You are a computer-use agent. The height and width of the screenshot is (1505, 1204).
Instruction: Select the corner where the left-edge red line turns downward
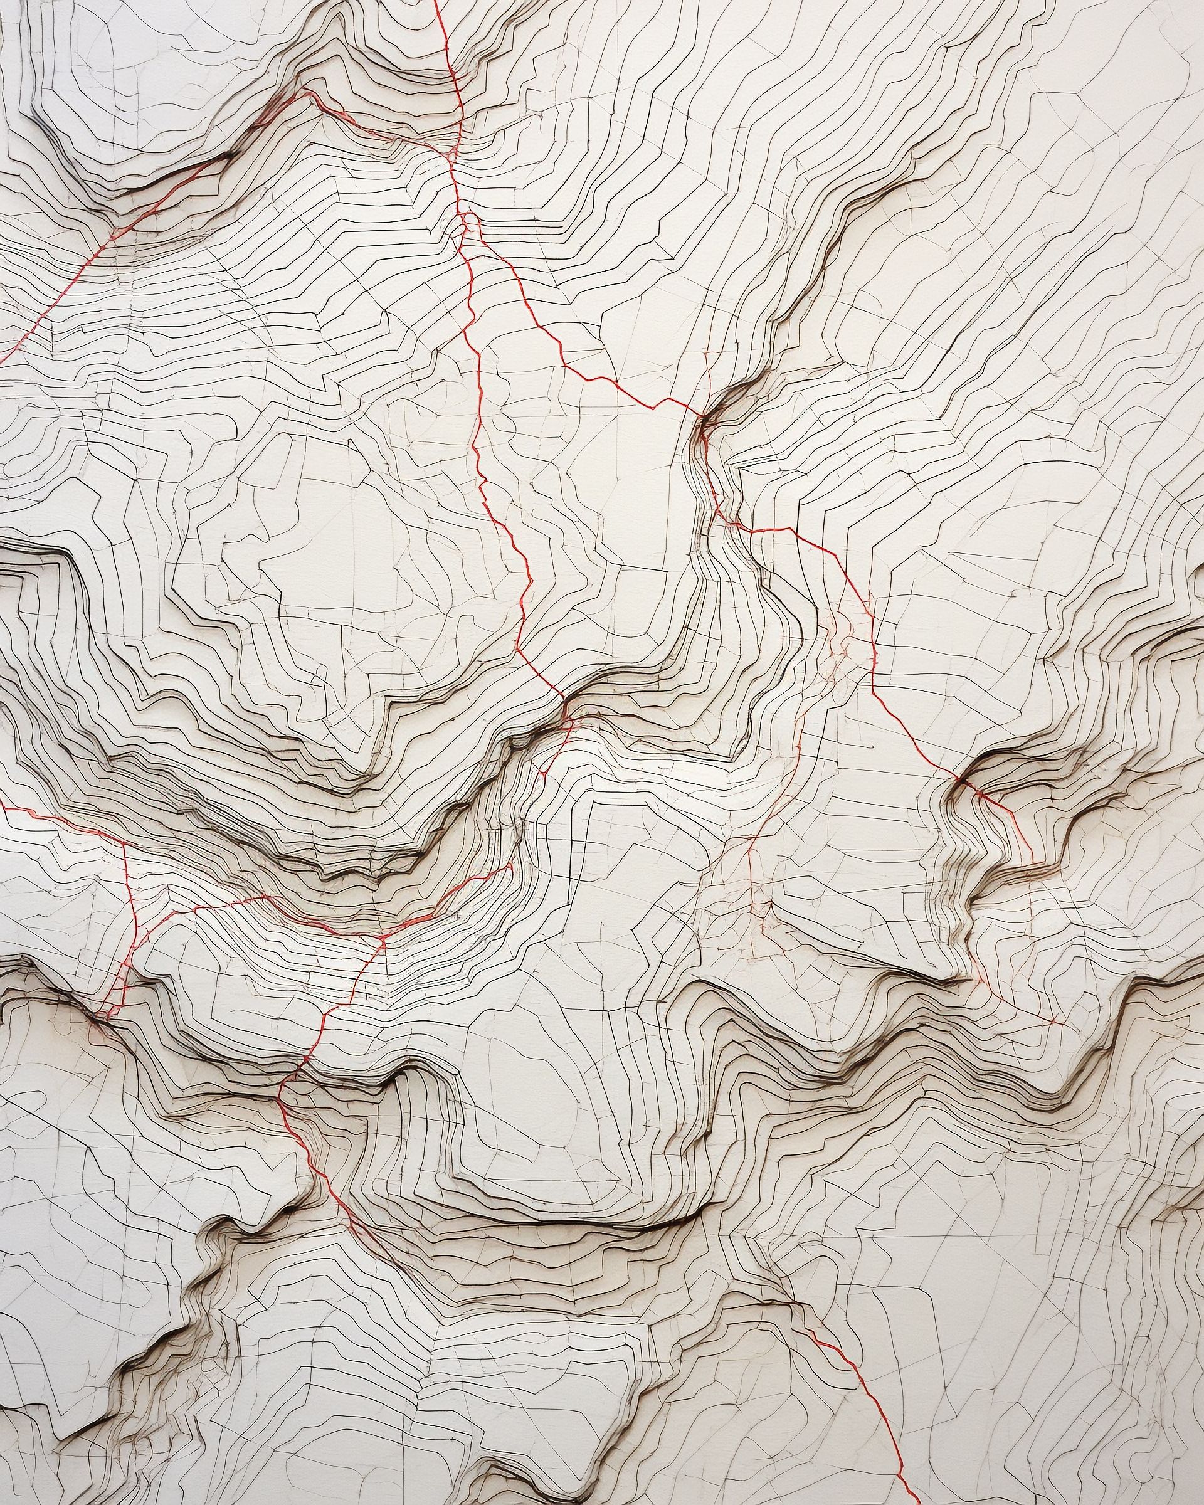click(x=124, y=843)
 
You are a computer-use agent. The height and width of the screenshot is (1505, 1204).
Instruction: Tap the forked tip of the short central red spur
click(x=543, y=772)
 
